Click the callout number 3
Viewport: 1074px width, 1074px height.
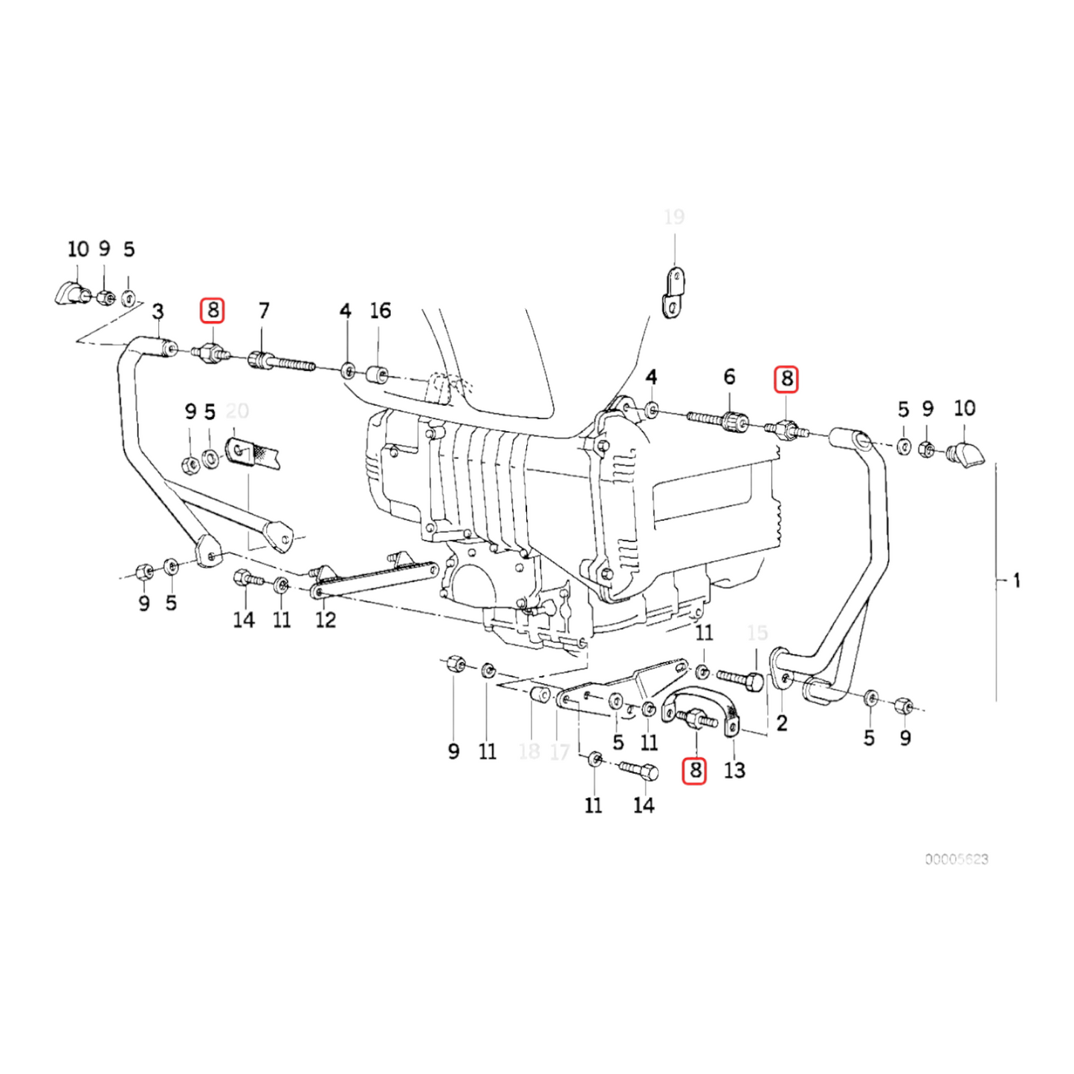158,311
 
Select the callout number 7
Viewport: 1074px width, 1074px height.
264,311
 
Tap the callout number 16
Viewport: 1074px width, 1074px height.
380,311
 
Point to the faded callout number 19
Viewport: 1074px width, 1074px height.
673,217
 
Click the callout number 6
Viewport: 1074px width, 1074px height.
729,377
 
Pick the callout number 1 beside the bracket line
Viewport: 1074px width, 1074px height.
1016,580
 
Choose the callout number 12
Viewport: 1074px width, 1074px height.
326,619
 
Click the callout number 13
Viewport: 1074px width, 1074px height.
734,770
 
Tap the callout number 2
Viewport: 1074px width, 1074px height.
781,722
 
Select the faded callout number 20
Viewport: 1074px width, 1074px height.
237,411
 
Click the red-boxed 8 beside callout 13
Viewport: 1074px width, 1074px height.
694,770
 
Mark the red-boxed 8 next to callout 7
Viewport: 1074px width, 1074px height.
213,310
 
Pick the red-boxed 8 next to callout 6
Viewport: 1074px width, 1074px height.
786,379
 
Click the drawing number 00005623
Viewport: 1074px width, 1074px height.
957,859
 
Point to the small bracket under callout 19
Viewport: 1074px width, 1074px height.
673,294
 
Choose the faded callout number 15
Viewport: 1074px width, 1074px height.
757,633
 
